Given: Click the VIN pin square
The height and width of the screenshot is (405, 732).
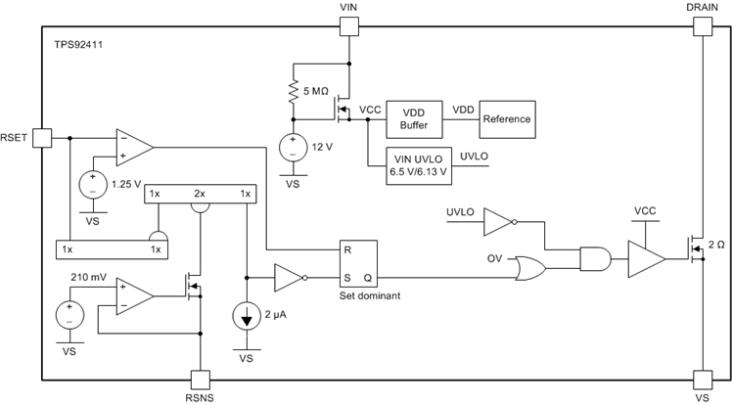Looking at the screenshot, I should (348, 26).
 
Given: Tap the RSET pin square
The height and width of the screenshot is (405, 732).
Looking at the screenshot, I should (42, 137).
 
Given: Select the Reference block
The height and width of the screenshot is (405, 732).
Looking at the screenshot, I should (506, 119).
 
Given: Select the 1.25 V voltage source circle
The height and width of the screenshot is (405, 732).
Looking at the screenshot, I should (93, 183).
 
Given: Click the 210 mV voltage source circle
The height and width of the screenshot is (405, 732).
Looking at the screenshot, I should (69, 315).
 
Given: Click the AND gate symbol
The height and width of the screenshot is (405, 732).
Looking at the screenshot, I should (593, 259).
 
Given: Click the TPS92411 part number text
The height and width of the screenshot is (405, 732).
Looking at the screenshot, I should (81, 45).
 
